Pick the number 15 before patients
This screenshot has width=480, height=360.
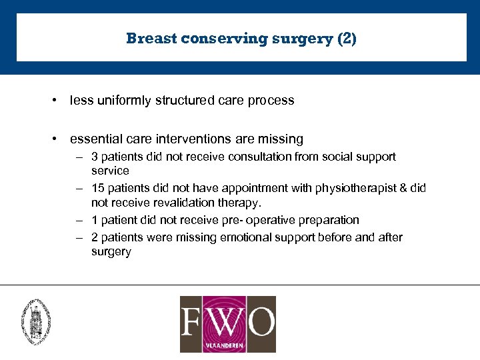click(97, 189)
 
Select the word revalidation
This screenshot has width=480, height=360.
click(185, 203)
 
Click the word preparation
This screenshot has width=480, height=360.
click(326, 220)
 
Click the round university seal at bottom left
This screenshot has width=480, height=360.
click(36, 321)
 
